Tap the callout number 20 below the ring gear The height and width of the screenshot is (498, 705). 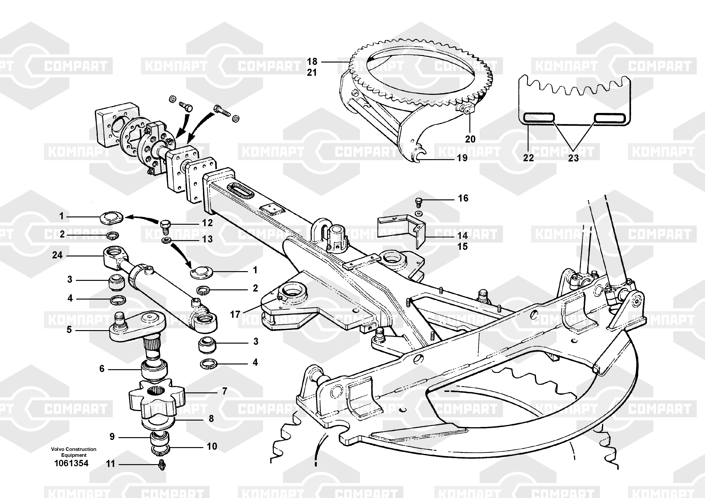click(x=470, y=139)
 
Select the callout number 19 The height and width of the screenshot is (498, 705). click(x=462, y=158)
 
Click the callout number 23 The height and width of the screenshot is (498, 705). click(x=573, y=158)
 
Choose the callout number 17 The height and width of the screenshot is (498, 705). click(x=235, y=314)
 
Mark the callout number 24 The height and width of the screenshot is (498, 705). click(x=57, y=255)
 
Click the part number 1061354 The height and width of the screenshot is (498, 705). click(x=71, y=463)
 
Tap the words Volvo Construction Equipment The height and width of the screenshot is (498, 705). click(x=74, y=452)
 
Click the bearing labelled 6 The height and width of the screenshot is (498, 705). click(x=154, y=370)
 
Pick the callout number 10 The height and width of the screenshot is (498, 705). click(x=212, y=446)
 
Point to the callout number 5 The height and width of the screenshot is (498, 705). click(x=69, y=330)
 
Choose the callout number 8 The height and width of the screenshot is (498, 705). click(x=211, y=418)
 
